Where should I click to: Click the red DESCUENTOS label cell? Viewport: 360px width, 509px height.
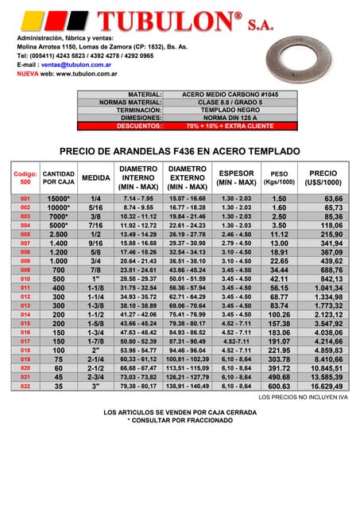point(139,126)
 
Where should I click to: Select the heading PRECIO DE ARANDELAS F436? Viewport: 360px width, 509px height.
point(180,150)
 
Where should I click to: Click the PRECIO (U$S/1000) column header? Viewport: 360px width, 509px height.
point(323,177)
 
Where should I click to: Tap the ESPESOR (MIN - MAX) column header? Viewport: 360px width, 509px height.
point(236,177)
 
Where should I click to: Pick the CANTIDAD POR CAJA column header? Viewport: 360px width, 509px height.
point(58,177)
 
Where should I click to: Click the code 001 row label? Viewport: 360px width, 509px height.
point(25,198)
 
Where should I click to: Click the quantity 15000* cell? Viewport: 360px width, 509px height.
point(58,198)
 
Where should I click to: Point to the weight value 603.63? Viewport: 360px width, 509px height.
point(279,386)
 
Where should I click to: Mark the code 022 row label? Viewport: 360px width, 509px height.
point(25,386)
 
